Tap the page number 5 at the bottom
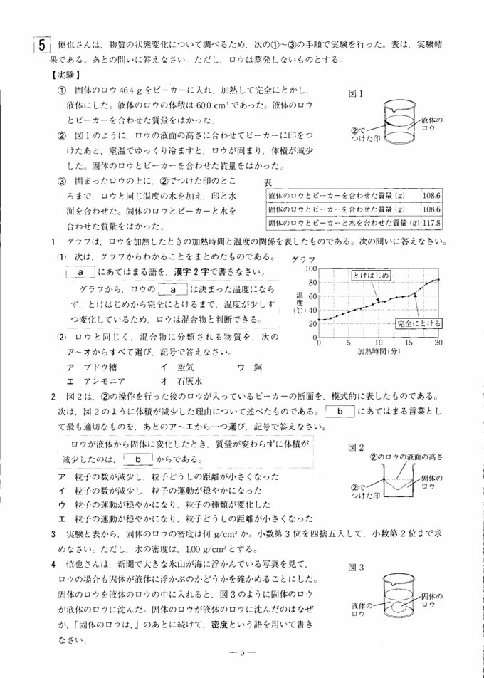pos(242,653)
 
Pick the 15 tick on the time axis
pos(409,343)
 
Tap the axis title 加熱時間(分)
pos(379,352)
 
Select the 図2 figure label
pos(355,447)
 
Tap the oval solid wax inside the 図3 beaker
pos(397,607)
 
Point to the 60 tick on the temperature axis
pos(312,297)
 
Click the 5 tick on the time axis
pos(349,343)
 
